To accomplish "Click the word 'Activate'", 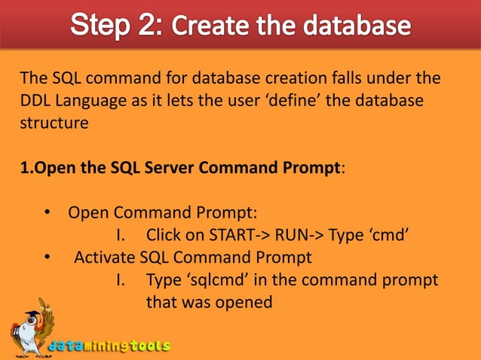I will (105, 257).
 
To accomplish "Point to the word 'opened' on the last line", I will (247, 301).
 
